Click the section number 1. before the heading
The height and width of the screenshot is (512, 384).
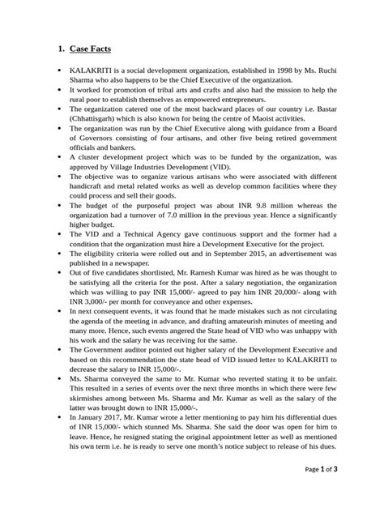[x=59, y=49]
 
